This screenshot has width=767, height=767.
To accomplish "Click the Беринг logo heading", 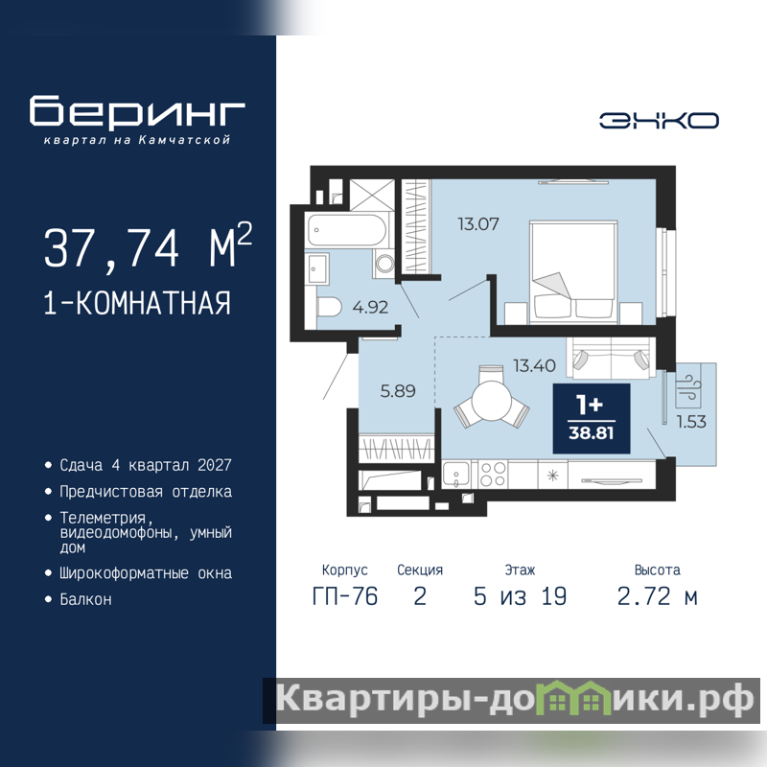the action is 137,112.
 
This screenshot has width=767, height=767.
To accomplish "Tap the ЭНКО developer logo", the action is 659,121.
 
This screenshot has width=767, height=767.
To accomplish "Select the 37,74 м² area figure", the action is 149,246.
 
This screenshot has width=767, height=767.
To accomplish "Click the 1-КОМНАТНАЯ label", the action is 137,303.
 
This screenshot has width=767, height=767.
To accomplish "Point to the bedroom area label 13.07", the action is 478,224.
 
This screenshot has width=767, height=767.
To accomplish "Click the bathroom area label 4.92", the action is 370,307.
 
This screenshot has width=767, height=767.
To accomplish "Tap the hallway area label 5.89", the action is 398,391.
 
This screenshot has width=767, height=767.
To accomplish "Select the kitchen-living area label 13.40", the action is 534,365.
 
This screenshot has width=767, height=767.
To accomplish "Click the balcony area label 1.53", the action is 691,422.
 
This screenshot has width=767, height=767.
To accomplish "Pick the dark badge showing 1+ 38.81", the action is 592,418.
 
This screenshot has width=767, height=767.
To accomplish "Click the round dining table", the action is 492,400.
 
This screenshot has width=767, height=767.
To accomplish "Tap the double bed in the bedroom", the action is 573,272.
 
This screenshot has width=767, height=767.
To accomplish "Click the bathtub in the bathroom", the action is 347,229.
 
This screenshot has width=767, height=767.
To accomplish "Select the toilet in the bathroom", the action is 329,308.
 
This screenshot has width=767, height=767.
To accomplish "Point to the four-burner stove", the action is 493,474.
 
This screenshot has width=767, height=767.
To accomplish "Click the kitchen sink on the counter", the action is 456,474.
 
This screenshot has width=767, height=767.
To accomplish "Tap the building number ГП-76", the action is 345,596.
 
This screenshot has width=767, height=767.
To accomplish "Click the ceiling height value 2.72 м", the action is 657,596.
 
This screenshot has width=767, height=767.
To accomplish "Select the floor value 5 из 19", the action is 520,596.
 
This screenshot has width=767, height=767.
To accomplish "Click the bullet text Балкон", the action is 85,599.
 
